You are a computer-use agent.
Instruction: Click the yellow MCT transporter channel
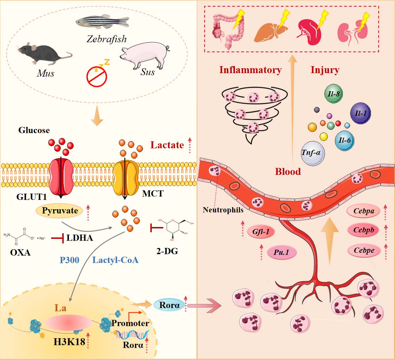click(x=125, y=175)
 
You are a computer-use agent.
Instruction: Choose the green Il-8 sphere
click(x=334, y=94)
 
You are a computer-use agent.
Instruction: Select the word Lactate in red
click(x=167, y=144)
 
